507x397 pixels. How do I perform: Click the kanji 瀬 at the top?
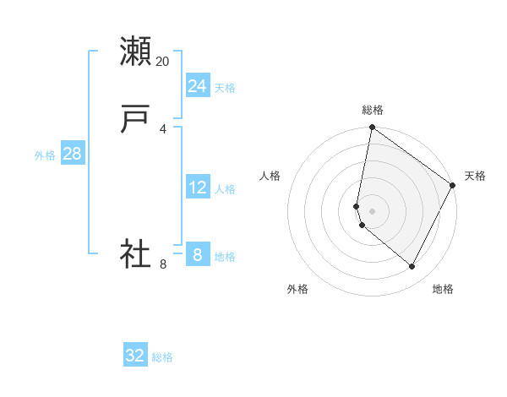point(136,52)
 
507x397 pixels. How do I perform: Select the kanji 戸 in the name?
point(136,120)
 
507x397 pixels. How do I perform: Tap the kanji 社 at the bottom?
point(136,254)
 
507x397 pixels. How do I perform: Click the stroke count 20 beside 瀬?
point(162,62)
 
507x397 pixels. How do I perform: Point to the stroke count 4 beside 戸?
point(162,129)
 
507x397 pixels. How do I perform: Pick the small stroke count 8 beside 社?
point(162,264)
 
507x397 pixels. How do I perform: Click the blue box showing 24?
point(197,86)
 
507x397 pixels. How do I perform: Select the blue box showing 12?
point(197,188)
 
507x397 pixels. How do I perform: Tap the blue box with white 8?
point(197,254)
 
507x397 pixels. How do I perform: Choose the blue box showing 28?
point(72,154)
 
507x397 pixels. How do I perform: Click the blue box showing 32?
point(135,356)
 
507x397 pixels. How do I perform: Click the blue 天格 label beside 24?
point(225,88)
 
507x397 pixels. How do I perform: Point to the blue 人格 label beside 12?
point(225,189)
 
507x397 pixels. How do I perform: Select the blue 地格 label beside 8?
point(225,257)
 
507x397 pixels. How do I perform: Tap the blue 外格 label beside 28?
point(45,155)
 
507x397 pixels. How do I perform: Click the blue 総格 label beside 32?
point(162,357)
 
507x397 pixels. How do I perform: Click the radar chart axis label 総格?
point(373,110)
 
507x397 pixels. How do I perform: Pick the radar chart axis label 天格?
point(475,176)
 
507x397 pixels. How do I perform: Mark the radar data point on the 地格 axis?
point(412,267)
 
